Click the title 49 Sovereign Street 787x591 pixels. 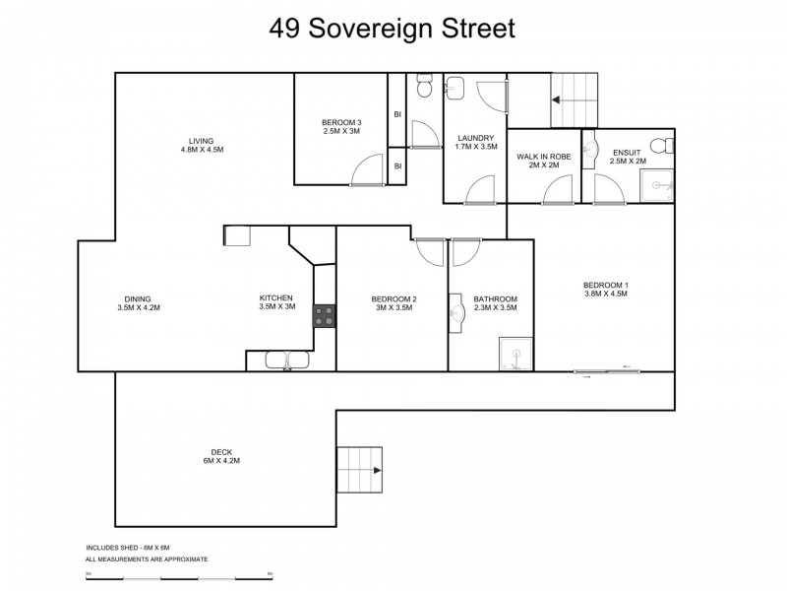tap(393, 29)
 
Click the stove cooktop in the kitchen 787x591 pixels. tap(325, 316)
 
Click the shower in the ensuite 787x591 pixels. tap(655, 185)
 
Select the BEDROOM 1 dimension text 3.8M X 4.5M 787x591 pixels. tap(606, 293)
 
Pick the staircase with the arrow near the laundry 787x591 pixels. tap(573, 99)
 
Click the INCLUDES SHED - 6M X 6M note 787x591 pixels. tap(128, 547)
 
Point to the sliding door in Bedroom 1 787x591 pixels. tap(607, 372)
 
